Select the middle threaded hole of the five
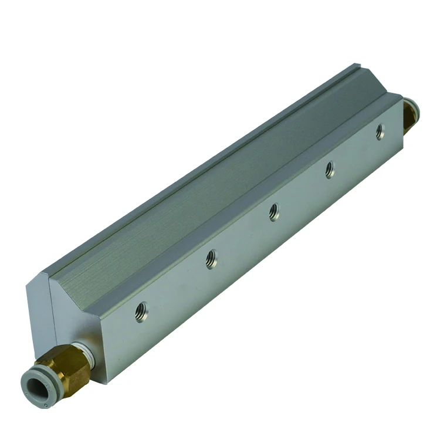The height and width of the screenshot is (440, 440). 274,212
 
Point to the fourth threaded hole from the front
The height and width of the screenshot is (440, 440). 330,170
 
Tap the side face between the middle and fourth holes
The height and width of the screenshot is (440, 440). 302,194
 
